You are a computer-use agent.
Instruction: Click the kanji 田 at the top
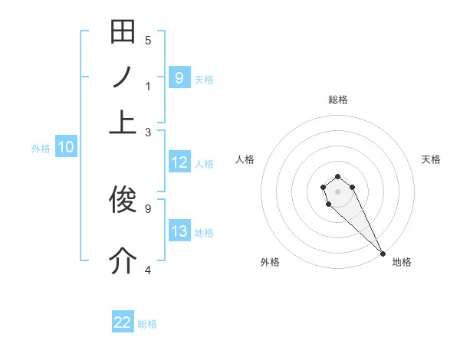123,33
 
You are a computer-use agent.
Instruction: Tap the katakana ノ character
123,77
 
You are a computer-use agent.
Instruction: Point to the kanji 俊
123,201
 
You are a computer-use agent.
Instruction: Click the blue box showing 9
179,77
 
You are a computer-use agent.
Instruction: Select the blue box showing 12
179,162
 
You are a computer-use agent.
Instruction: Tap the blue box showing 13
179,231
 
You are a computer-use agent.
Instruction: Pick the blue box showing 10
66,148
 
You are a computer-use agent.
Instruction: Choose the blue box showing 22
123,322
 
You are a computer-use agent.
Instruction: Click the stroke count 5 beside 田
148,41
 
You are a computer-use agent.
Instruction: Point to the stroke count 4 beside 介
148,270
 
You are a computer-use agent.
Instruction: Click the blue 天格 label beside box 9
204,79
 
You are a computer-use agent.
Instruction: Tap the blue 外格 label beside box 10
41,149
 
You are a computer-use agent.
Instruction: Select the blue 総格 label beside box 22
147,324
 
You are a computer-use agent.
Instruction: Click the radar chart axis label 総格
337,100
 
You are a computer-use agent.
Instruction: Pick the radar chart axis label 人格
245,159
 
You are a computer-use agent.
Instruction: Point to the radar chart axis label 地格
402,263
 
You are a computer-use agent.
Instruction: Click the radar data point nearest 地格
383,254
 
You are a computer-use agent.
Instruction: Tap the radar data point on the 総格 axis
337,177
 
